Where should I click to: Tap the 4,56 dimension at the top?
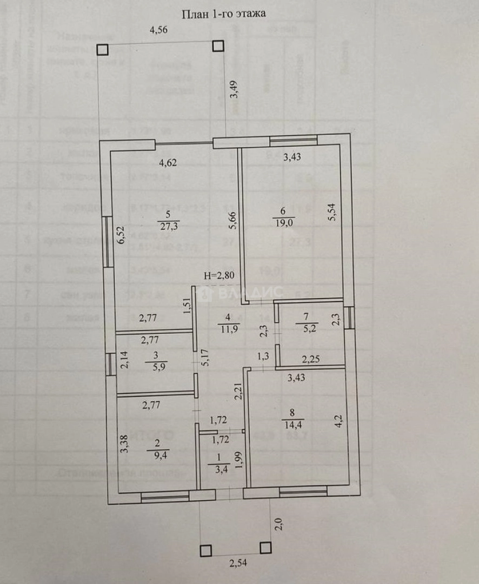(x=158, y=30)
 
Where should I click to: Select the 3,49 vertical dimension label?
(x=233, y=100)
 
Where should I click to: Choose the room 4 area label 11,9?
(x=229, y=326)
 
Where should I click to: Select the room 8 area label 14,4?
(x=294, y=424)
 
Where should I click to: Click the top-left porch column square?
(x=102, y=49)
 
